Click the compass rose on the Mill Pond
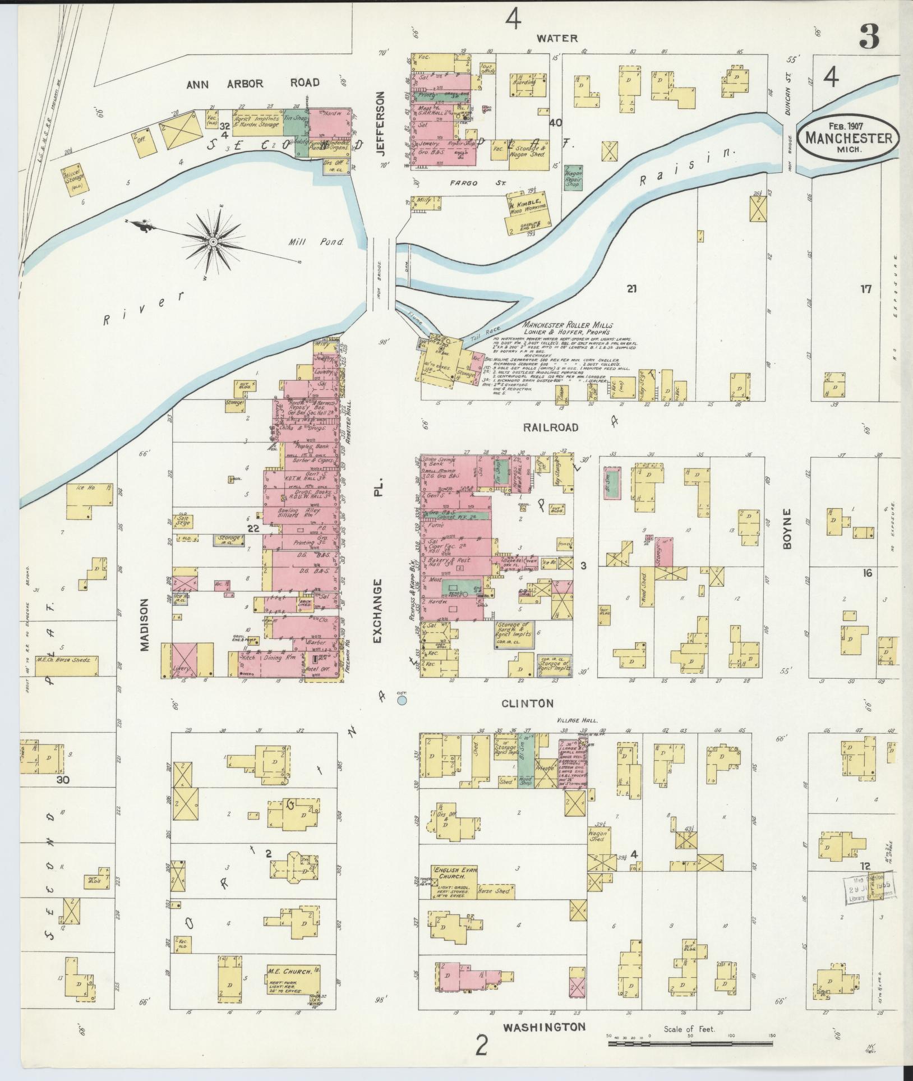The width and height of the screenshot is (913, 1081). coord(214,242)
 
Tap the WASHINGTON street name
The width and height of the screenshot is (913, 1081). coord(543,1027)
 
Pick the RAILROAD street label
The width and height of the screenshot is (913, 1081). coord(550,427)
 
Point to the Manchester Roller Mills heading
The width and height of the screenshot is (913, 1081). coord(568,325)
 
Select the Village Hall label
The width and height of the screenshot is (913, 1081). coord(578,721)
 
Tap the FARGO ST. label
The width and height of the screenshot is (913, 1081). coord(463,183)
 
